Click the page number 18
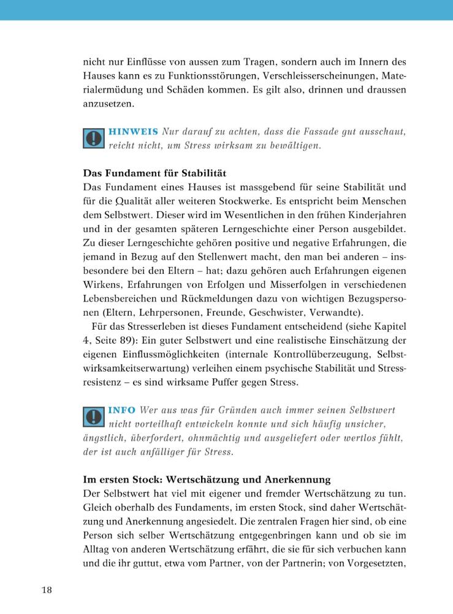[x=47, y=590]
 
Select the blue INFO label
[x=122, y=410]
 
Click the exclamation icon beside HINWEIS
[x=93, y=139]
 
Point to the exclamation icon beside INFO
[x=93, y=416]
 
